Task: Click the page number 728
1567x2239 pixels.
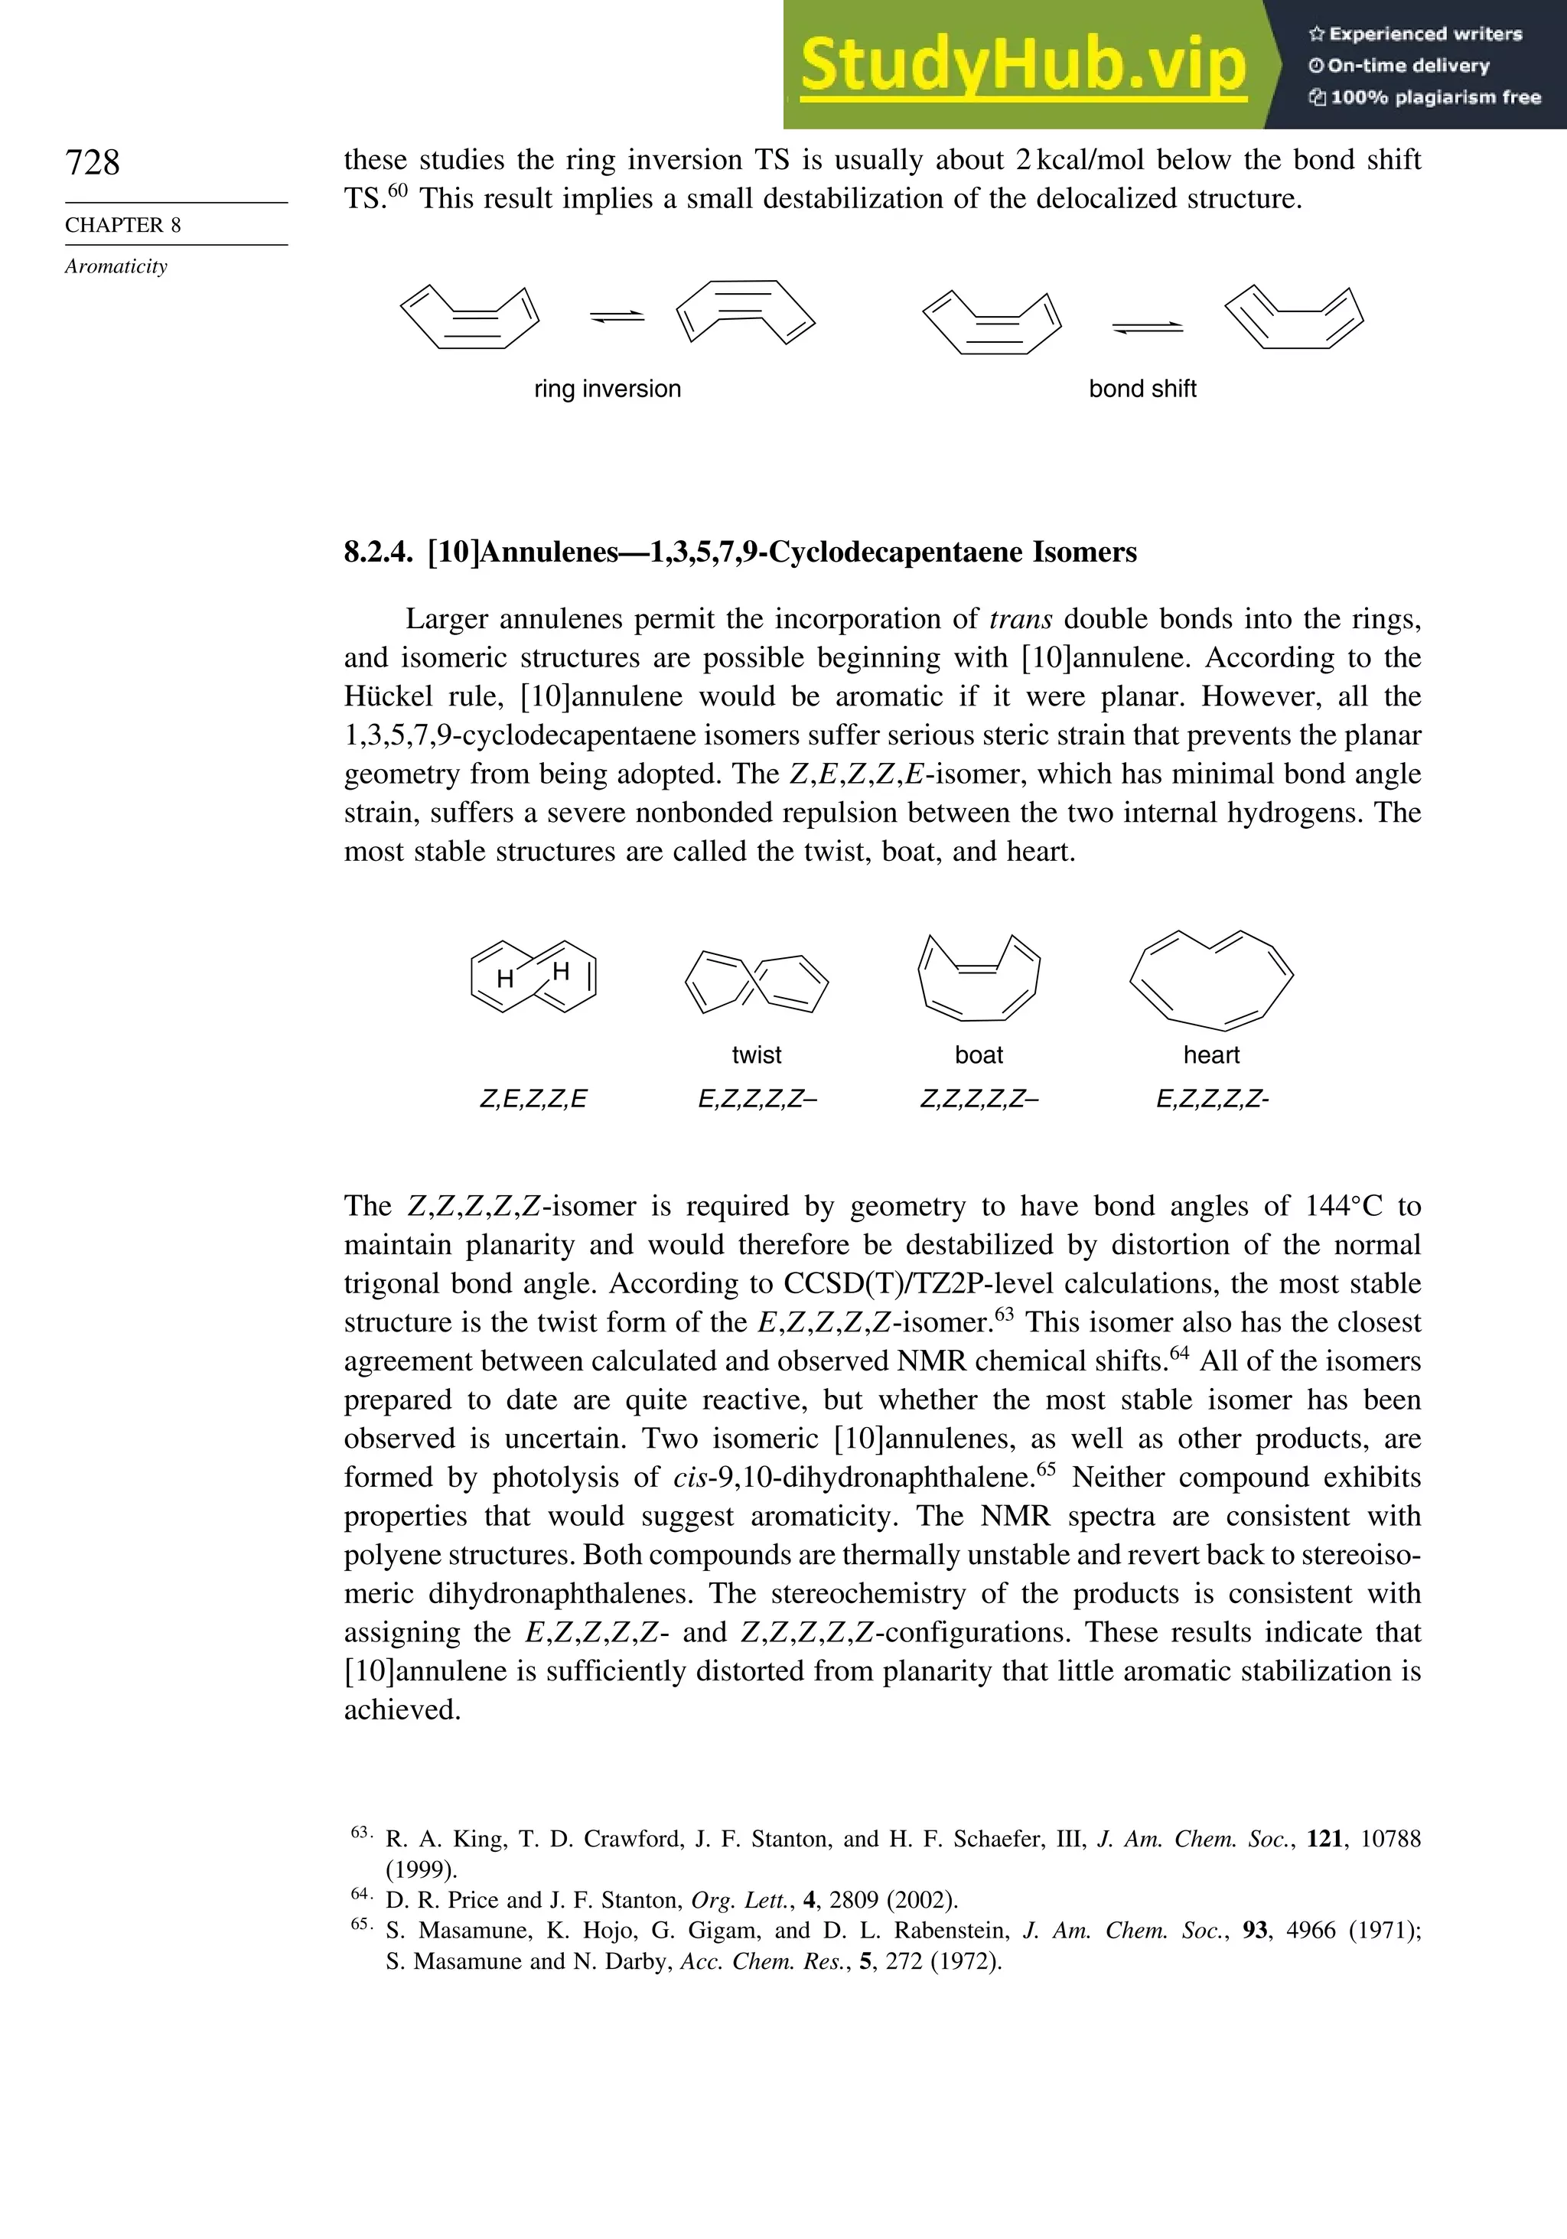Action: point(93,162)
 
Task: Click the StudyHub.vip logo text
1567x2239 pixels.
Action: point(1023,65)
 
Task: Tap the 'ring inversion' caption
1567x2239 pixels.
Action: point(607,389)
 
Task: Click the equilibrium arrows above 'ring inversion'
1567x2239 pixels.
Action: point(617,316)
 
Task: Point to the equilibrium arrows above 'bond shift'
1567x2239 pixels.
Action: point(1147,328)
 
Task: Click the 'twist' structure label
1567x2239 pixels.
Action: point(756,1055)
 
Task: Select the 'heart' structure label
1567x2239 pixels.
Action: point(1211,1055)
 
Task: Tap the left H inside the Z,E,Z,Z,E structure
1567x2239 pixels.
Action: point(505,979)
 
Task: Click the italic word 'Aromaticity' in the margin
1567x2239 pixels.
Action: point(116,267)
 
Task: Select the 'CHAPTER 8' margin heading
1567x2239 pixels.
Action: point(123,225)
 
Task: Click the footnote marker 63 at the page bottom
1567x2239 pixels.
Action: point(360,1833)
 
